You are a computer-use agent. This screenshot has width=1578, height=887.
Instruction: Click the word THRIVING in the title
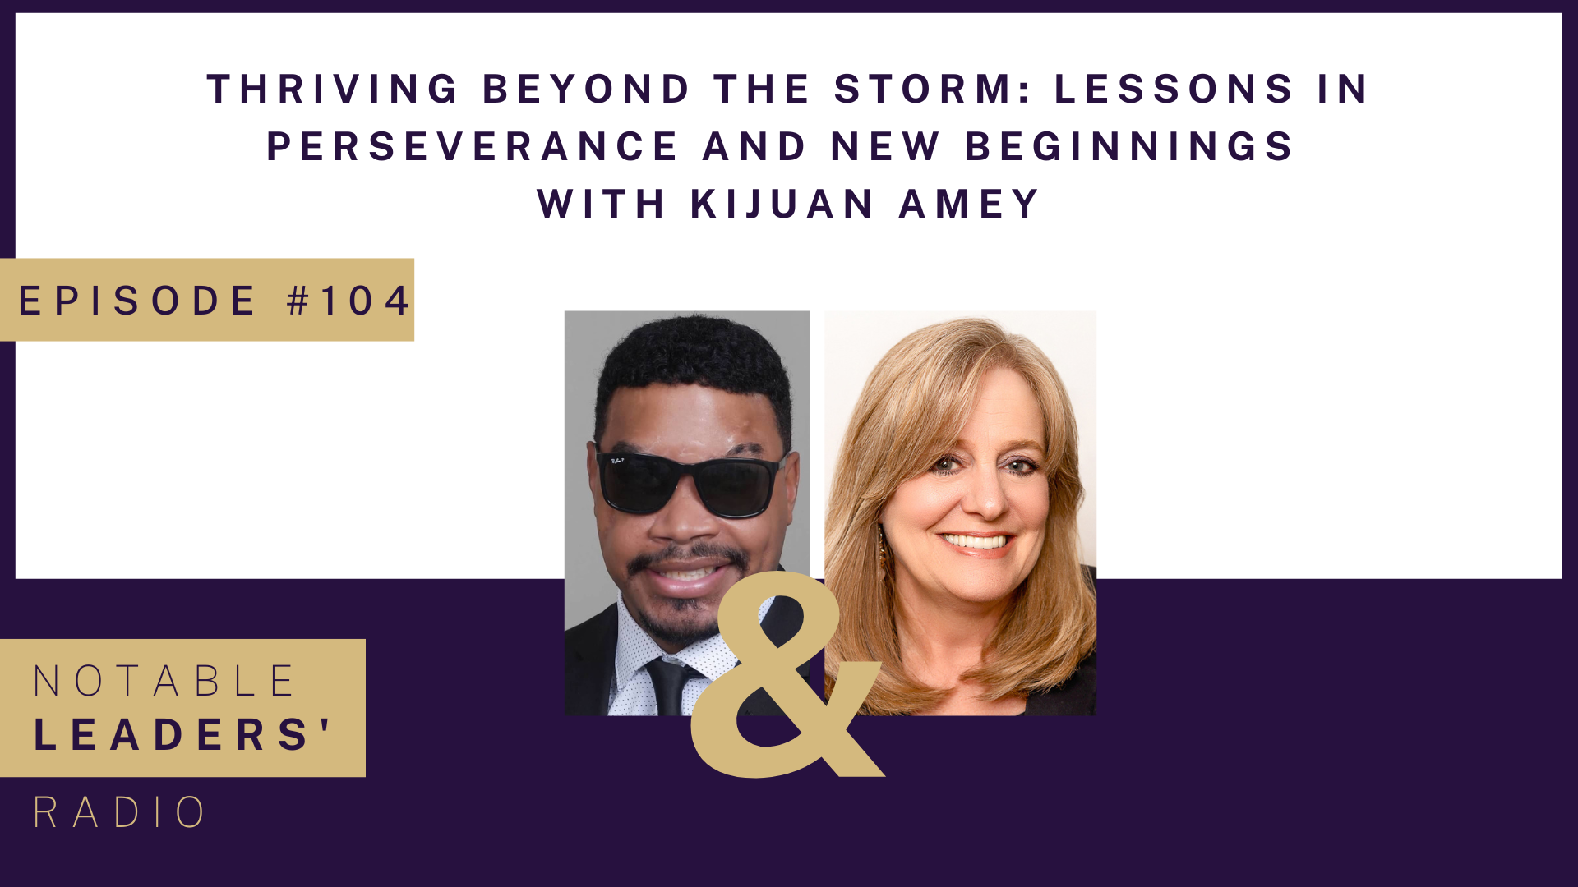click(x=332, y=89)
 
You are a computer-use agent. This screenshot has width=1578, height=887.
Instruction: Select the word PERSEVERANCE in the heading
click(x=473, y=146)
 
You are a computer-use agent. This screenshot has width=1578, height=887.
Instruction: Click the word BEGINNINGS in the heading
click(x=1129, y=146)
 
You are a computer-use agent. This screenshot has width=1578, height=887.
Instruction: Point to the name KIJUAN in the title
click(x=782, y=204)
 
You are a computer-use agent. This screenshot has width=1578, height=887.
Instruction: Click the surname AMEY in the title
click(x=970, y=204)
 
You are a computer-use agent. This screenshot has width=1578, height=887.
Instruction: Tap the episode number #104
click(x=348, y=301)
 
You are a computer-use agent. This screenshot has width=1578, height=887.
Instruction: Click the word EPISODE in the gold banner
click(x=137, y=301)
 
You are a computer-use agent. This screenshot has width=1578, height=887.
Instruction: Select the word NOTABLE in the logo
click(x=164, y=681)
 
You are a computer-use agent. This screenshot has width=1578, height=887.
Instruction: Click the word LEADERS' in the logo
click(x=182, y=733)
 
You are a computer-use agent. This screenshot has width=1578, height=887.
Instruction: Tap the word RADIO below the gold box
click(x=119, y=812)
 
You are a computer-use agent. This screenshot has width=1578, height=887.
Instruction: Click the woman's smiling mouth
click(x=976, y=541)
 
